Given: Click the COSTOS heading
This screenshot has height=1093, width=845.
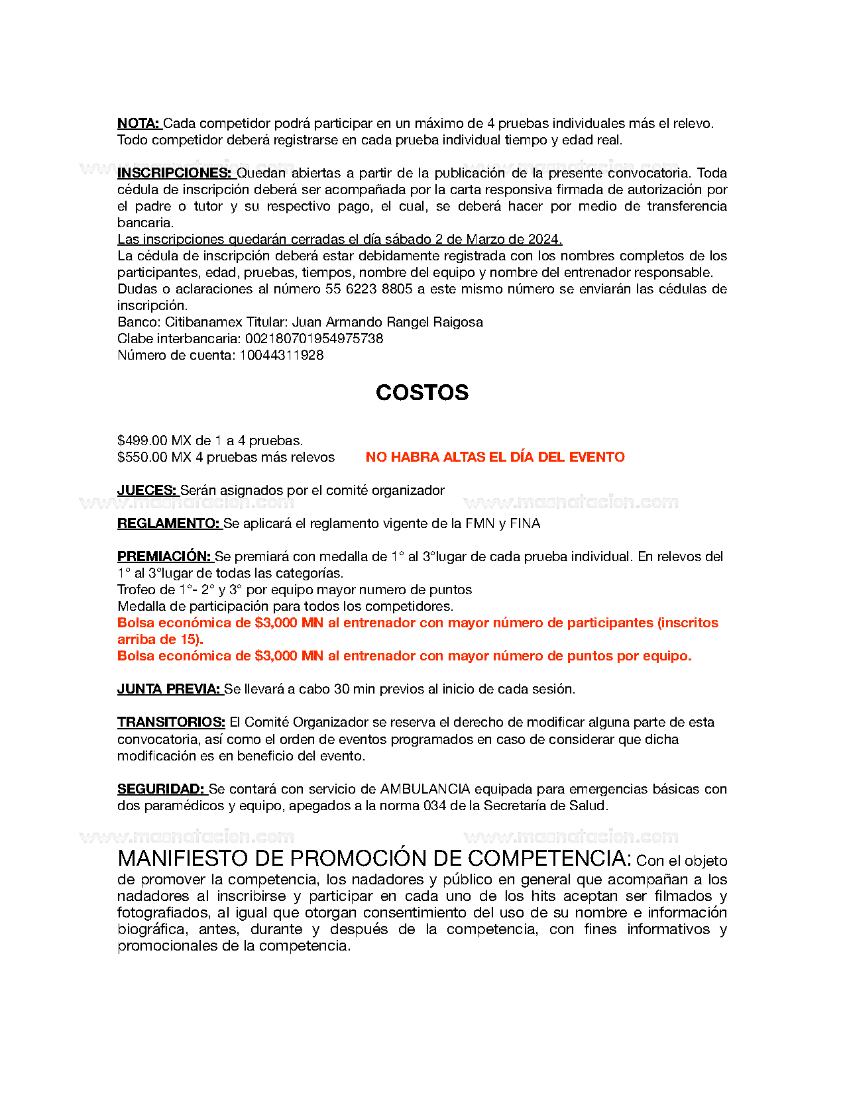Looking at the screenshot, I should (x=422, y=393).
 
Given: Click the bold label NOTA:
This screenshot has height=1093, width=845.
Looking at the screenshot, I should (x=139, y=123).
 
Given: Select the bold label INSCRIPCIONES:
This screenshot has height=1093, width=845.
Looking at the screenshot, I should (x=175, y=173).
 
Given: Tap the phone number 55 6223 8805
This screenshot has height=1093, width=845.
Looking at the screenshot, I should (x=368, y=289).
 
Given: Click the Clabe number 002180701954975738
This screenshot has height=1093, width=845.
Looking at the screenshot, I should (x=314, y=338).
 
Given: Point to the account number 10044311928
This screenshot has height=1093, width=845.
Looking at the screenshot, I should (x=282, y=355).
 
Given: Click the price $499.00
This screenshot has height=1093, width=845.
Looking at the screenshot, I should (x=142, y=441).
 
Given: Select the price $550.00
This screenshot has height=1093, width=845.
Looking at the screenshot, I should (x=142, y=457).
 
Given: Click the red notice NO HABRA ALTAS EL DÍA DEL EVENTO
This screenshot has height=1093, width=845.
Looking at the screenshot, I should (x=495, y=457).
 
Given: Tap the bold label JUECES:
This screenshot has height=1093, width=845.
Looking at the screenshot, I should (x=147, y=490).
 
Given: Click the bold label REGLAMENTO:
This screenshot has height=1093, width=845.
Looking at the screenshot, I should (x=169, y=523).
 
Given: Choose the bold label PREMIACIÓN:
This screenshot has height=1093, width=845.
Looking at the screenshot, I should (x=164, y=556).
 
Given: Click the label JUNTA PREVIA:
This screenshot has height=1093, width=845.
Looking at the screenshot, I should (x=169, y=689).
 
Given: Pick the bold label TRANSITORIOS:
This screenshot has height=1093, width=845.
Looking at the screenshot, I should (x=171, y=722).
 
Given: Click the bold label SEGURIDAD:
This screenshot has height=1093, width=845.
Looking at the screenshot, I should (x=161, y=789).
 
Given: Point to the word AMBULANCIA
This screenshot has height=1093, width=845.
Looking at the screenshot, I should (x=425, y=789).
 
